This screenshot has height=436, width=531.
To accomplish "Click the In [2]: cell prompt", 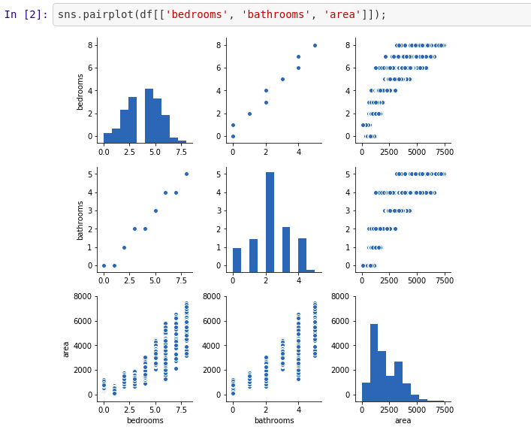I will click(26, 14).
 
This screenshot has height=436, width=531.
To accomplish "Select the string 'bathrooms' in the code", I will click(275, 14).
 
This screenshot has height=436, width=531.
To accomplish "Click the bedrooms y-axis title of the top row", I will click(80, 91).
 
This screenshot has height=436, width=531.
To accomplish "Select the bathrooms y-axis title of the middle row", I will click(80, 220).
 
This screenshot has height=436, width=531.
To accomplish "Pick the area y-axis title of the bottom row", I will click(66, 349).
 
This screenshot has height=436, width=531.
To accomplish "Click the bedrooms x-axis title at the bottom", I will click(144, 420).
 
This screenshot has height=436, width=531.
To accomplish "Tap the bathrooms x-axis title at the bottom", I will click(274, 420).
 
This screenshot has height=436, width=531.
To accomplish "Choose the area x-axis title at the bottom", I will click(403, 420).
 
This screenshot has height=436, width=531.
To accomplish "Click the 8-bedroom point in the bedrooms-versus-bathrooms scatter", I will click(315, 45).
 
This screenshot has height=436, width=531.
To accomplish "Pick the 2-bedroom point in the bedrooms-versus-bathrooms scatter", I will click(249, 114).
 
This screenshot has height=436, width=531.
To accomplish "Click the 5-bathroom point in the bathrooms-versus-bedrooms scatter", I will click(186, 174).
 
